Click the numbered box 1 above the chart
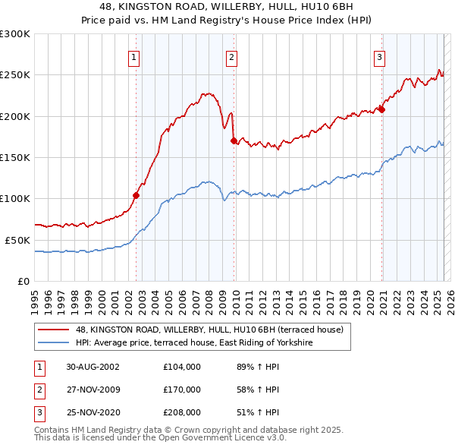(x=133, y=56)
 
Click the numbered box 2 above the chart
(x=231, y=56)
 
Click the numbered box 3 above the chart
(x=378, y=56)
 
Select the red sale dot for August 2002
(x=136, y=195)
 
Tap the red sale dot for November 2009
(x=234, y=140)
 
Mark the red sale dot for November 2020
(x=381, y=109)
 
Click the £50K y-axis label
(x=17, y=240)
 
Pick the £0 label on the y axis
(x=24, y=281)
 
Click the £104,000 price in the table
(x=182, y=366)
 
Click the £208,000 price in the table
(x=182, y=413)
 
